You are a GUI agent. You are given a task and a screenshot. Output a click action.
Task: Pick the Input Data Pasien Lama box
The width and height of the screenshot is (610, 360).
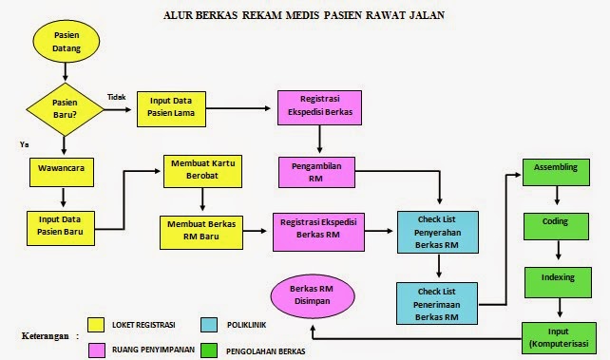pos(174,105)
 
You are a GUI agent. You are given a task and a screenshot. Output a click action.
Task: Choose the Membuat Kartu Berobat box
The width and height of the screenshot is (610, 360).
pos(200,170)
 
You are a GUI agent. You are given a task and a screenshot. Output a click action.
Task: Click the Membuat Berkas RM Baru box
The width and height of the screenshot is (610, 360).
pos(201,230)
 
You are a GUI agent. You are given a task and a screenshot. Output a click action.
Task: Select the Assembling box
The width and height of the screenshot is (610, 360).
pos(556,166)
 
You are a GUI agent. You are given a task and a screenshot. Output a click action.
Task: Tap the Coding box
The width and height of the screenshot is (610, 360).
pos(556,222)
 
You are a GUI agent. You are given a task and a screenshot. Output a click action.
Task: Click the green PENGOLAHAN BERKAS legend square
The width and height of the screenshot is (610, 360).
pos(209,351)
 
